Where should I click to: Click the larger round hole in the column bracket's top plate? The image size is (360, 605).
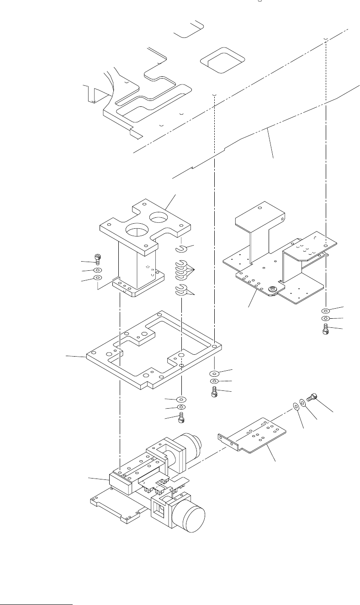coord(136,228)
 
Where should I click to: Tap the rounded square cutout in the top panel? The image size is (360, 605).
coord(223,59)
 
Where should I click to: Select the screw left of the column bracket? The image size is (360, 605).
coord(98,259)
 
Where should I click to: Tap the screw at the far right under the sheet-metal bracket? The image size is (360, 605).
coord(326,329)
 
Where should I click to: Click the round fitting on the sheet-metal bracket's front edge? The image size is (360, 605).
coord(272,289)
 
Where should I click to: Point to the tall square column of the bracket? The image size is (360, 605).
coord(135,267)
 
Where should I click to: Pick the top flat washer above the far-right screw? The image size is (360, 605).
coord(326,309)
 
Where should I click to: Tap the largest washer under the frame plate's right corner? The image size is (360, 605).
coord(215,372)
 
